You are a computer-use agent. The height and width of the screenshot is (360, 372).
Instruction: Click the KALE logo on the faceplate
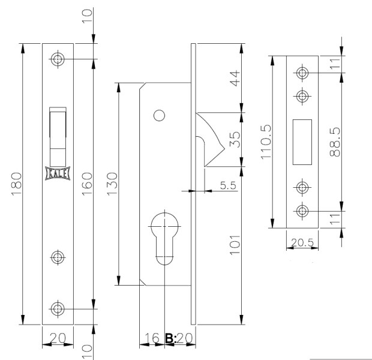58,172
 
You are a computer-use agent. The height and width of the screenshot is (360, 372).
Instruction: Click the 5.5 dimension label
227,186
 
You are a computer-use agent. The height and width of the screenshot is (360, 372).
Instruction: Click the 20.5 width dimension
302,243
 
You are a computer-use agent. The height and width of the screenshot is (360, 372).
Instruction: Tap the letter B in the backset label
170,338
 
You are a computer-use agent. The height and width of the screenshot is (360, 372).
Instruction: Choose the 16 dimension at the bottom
152,338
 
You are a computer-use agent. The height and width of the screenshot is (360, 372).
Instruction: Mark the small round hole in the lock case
159,115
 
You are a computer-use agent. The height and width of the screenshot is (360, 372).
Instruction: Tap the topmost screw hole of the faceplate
58,59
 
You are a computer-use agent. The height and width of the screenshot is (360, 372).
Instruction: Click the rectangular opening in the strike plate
302,142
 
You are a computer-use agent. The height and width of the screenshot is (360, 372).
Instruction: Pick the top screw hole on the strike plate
302,73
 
